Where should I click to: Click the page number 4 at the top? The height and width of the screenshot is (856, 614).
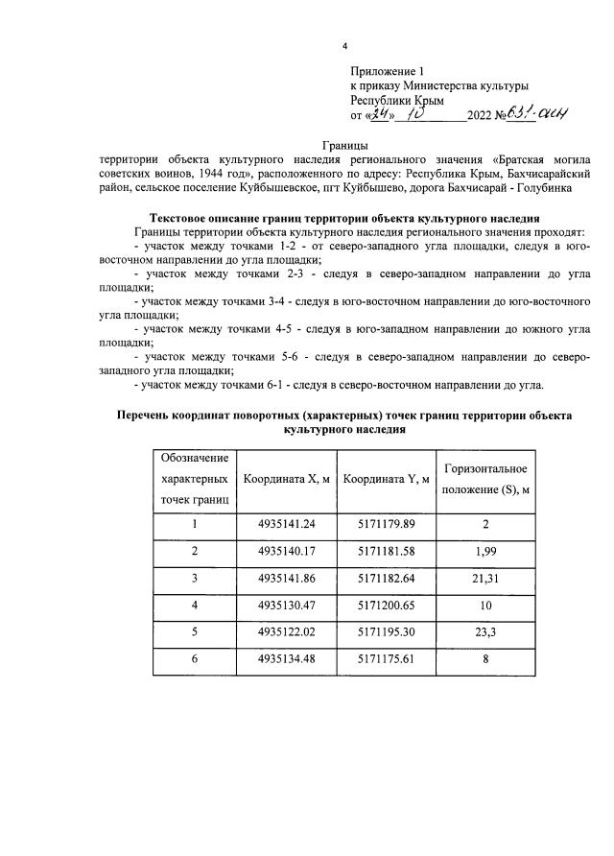[x=343, y=46]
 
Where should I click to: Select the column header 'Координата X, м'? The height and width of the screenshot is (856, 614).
[x=288, y=478]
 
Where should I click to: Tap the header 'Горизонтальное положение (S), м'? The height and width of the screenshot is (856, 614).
[x=485, y=478]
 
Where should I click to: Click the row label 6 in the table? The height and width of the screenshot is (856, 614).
[x=194, y=661]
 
